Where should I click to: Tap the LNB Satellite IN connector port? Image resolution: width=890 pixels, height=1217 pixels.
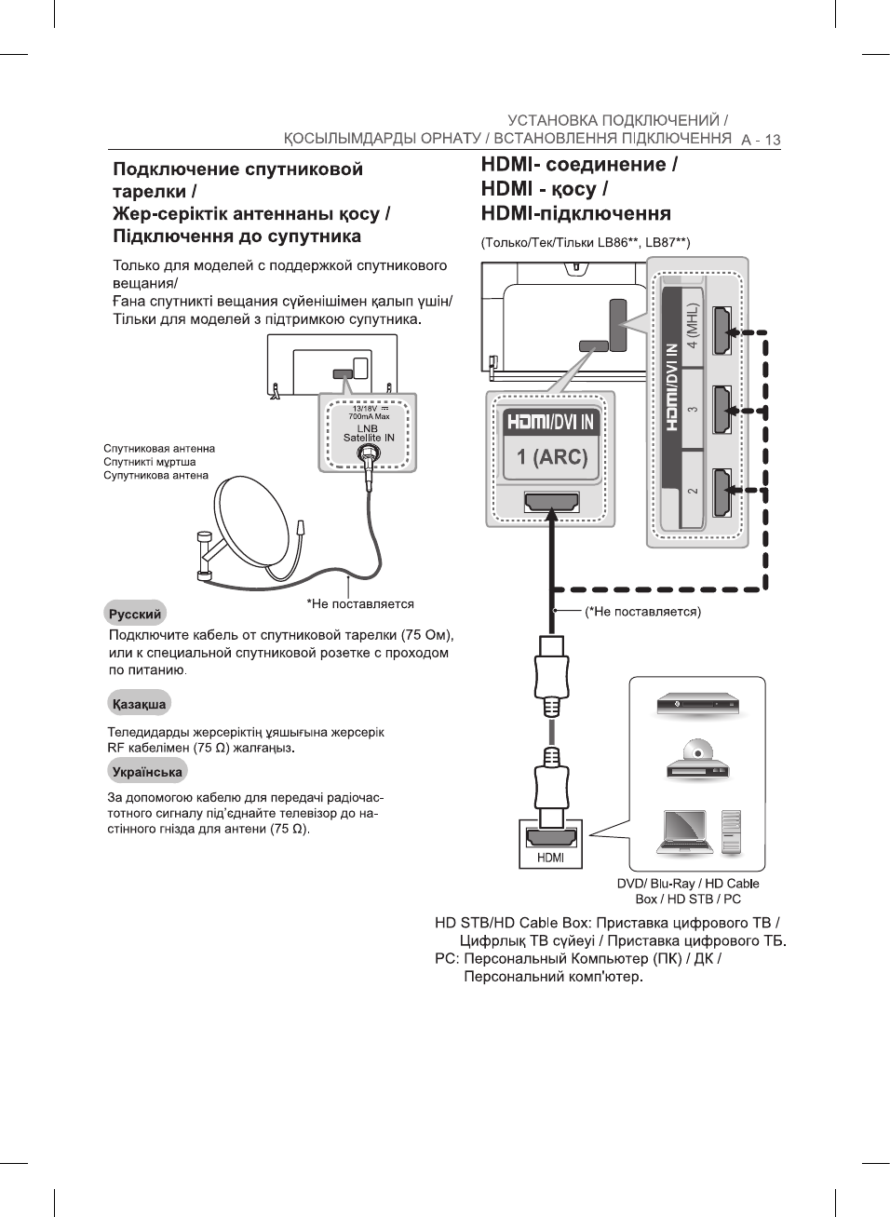tap(369, 454)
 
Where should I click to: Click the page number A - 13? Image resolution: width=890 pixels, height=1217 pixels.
tap(761, 141)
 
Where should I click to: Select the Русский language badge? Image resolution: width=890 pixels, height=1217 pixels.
tap(135, 614)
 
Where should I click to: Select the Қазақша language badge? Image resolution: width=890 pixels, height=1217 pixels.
tap(139, 703)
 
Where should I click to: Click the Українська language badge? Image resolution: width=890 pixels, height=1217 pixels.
tap(147, 771)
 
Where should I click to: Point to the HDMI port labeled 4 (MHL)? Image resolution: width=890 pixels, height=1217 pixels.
tap(721, 331)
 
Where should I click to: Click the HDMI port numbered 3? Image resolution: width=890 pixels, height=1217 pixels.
tap(721, 410)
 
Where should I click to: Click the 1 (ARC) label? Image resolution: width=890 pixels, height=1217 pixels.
tap(552, 457)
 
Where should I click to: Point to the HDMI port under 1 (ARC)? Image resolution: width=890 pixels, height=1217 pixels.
tap(552, 503)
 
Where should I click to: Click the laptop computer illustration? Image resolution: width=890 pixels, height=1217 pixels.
tap(684, 832)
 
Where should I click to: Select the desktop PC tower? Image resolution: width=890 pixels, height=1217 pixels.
tap(732, 832)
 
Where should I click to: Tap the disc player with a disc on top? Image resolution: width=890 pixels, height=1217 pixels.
tap(697, 760)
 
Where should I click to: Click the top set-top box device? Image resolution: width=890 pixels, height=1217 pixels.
tap(697, 704)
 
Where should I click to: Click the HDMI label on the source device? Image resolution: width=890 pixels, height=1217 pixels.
tap(550, 858)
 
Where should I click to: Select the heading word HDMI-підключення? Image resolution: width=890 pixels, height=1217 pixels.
tap(575, 213)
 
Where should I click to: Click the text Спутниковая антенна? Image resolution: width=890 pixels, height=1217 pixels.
tap(159, 449)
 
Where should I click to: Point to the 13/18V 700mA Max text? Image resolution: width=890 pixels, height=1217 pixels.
tap(369, 412)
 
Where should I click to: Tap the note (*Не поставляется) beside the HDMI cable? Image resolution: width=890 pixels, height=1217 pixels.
tap(642, 612)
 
